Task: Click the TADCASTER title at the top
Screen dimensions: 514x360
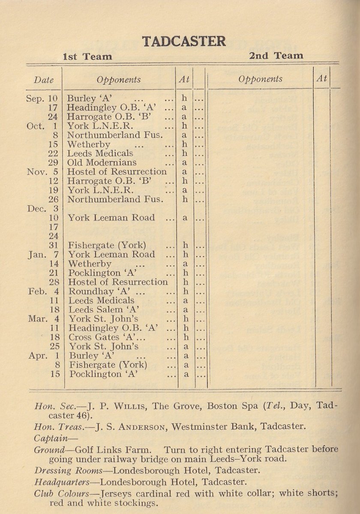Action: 184,42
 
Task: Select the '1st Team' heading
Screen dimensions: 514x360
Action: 87,57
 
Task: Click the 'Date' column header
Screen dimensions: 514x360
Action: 44,80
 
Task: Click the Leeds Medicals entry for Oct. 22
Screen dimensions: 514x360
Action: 100,153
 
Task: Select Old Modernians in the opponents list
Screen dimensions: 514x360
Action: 102,162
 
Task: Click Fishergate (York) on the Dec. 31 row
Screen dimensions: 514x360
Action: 107,245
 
